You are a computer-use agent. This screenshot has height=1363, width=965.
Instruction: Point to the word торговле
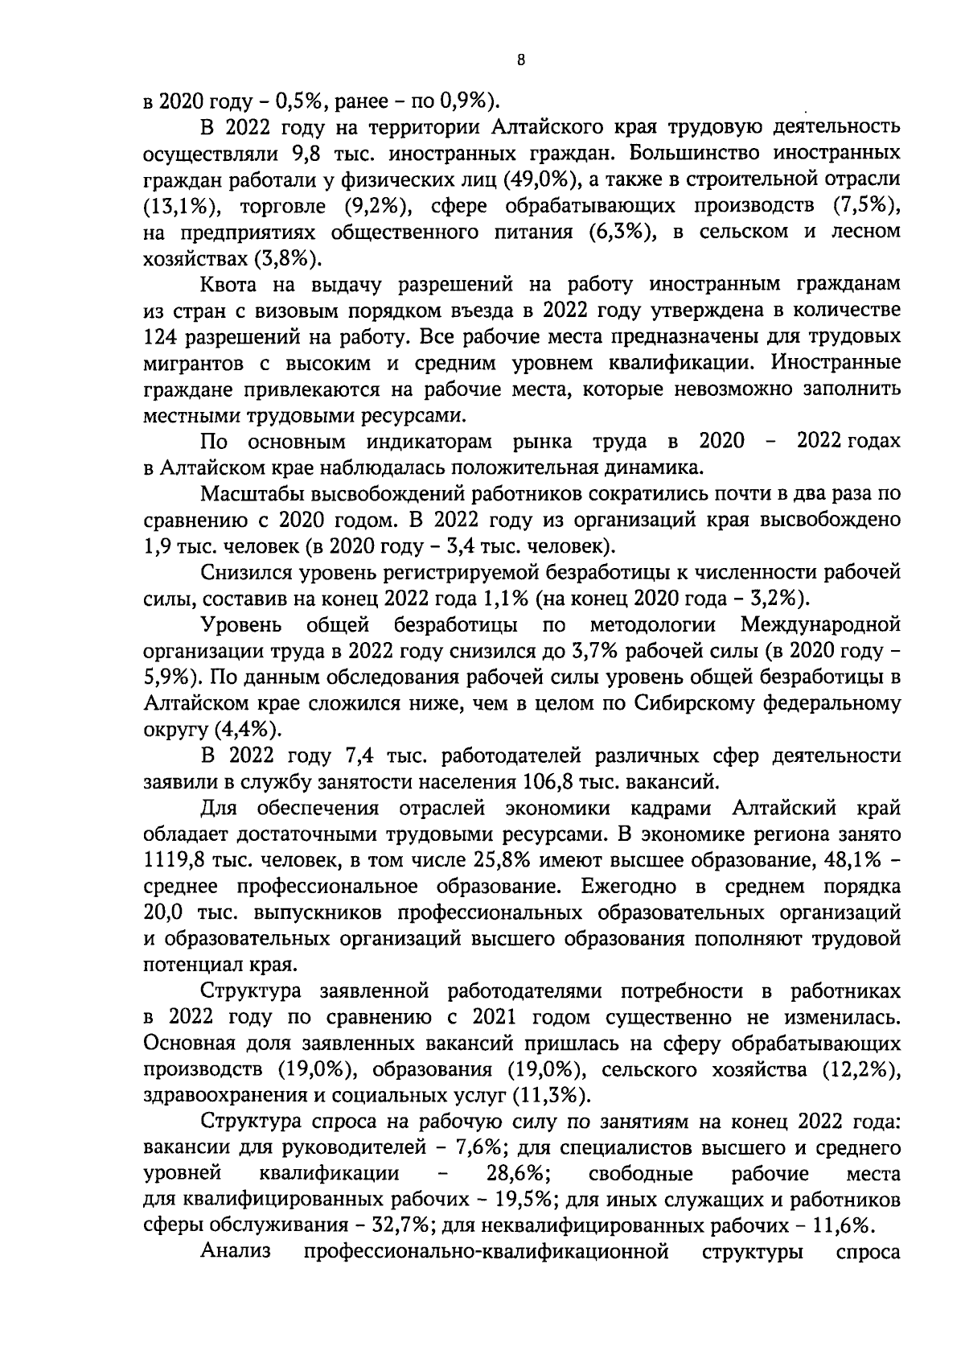point(279,206)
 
